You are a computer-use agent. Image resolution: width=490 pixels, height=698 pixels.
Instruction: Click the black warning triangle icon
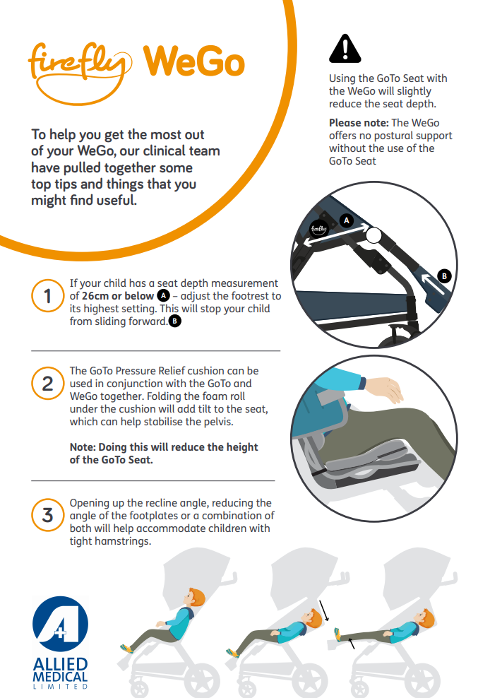pyautogui.click(x=345, y=49)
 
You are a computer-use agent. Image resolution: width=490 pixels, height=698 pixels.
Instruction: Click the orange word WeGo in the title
pyautogui.click(x=194, y=61)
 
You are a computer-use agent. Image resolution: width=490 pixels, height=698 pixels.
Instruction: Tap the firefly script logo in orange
pyautogui.click(x=80, y=71)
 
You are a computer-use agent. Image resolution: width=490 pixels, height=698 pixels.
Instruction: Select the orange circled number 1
pyautogui.click(x=47, y=295)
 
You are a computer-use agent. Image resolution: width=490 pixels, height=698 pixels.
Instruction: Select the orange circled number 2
pyautogui.click(x=47, y=384)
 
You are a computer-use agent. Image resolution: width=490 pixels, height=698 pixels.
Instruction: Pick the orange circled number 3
pyautogui.click(x=47, y=515)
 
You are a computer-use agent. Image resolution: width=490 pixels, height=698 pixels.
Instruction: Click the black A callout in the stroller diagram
pyautogui.click(x=346, y=220)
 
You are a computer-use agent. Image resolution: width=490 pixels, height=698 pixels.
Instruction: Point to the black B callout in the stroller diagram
pyautogui.click(x=444, y=276)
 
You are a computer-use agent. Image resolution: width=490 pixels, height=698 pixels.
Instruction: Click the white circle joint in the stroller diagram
pyautogui.click(x=374, y=236)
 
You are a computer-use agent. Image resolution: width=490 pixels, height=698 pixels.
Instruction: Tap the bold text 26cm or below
pyautogui.click(x=117, y=296)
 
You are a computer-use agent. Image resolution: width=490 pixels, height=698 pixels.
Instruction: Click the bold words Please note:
pyautogui.click(x=359, y=123)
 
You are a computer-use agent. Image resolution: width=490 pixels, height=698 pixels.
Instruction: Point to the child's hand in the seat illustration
pyautogui.click(x=385, y=388)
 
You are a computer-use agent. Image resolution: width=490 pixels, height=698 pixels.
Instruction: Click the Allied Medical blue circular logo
pyautogui.click(x=61, y=624)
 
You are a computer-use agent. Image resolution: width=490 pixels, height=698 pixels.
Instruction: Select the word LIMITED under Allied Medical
pyautogui.click(x=61, y=687)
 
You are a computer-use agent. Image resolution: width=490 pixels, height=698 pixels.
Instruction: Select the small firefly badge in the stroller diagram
pyautogui.click(x=318, y=229)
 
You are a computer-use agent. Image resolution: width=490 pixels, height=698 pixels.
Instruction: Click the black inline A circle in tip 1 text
pyautogui.click(x=163, y=295)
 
